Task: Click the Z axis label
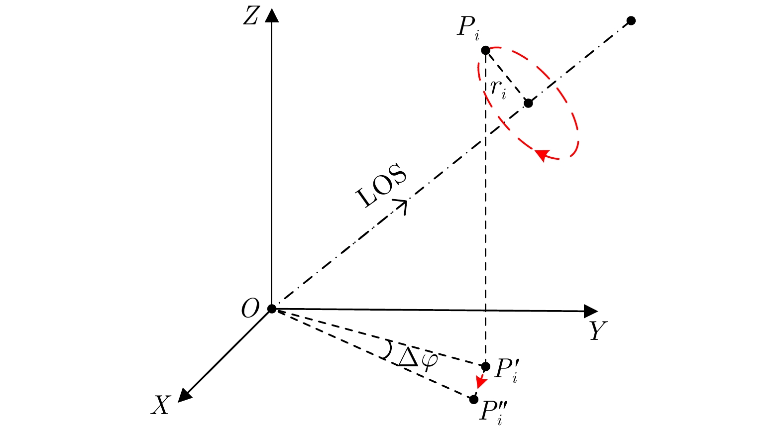tap(251, 16)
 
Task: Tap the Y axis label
tap(598, 330)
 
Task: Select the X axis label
tap(161, 405)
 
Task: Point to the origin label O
tap(250, 309)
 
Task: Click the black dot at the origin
tap(272, 309)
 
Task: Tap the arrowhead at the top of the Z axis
tap(272, 15)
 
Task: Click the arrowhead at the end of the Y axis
tap(591, 311)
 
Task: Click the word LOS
tap(381, 185)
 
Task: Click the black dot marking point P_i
tap(485, 50)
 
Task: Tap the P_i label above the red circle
tap(468, 28)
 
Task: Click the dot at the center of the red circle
tap(529, 103)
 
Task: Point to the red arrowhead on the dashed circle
tap(542, 155)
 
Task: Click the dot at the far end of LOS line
tap(631, 20)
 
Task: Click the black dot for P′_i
tap(485, 366)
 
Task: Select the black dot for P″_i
tap(473, 399)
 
